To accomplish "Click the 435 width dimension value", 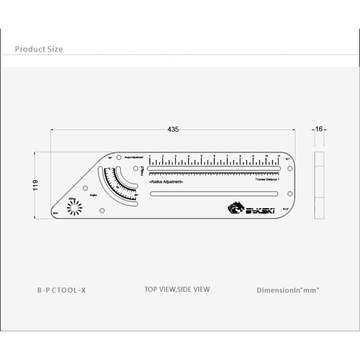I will pyautogui.click(x=173, y=129).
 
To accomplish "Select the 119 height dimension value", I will pyautogui.click(x=36, y=185).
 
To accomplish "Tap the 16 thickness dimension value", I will pyautogui.click(x=319, y=129).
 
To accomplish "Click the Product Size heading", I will pyautogui.click(x=39, y=49).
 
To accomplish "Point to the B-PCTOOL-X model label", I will pyautogui.click(x=62, y=290).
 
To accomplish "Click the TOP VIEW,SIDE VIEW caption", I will pyautogui.click(x=177, y=289).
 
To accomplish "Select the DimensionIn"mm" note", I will pyautogui.click(x=288, y=290).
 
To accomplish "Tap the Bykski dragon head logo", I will pyautogui.click(x=236, y=208).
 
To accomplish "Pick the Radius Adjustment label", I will pyautogui.click(x=166, y=182).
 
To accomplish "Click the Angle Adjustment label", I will pyautogui.click(x=134, y=157).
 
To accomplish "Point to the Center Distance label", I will pyautogui.click(x=267, y=180).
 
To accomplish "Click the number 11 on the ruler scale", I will pyautogui.click(x=278, y=156).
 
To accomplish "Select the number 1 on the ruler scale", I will pyautogui.click(x=150, y=156).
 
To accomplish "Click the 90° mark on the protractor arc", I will pyautogui.click(x=136, y=195).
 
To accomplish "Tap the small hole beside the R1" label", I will pyautogui.click(x=290, y=169).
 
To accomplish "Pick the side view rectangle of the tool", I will pyautogui.click(x=319, y=185).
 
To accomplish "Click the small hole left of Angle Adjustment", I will pyautogui.click(x=119, y=158).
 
